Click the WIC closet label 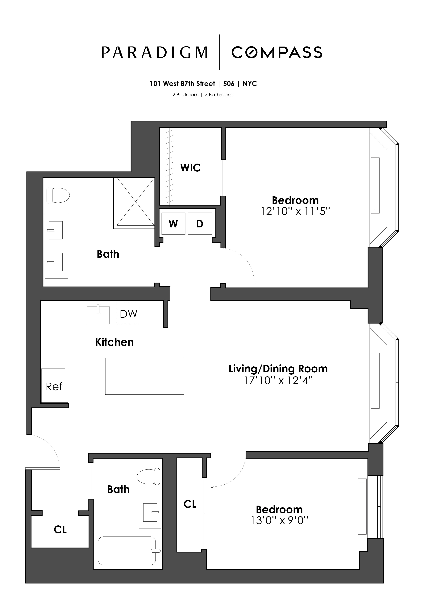point(190,168)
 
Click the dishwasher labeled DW point(129,313)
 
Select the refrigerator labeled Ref point(54,386)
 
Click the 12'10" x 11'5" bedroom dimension point(295,212)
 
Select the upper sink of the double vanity point(55,230)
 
